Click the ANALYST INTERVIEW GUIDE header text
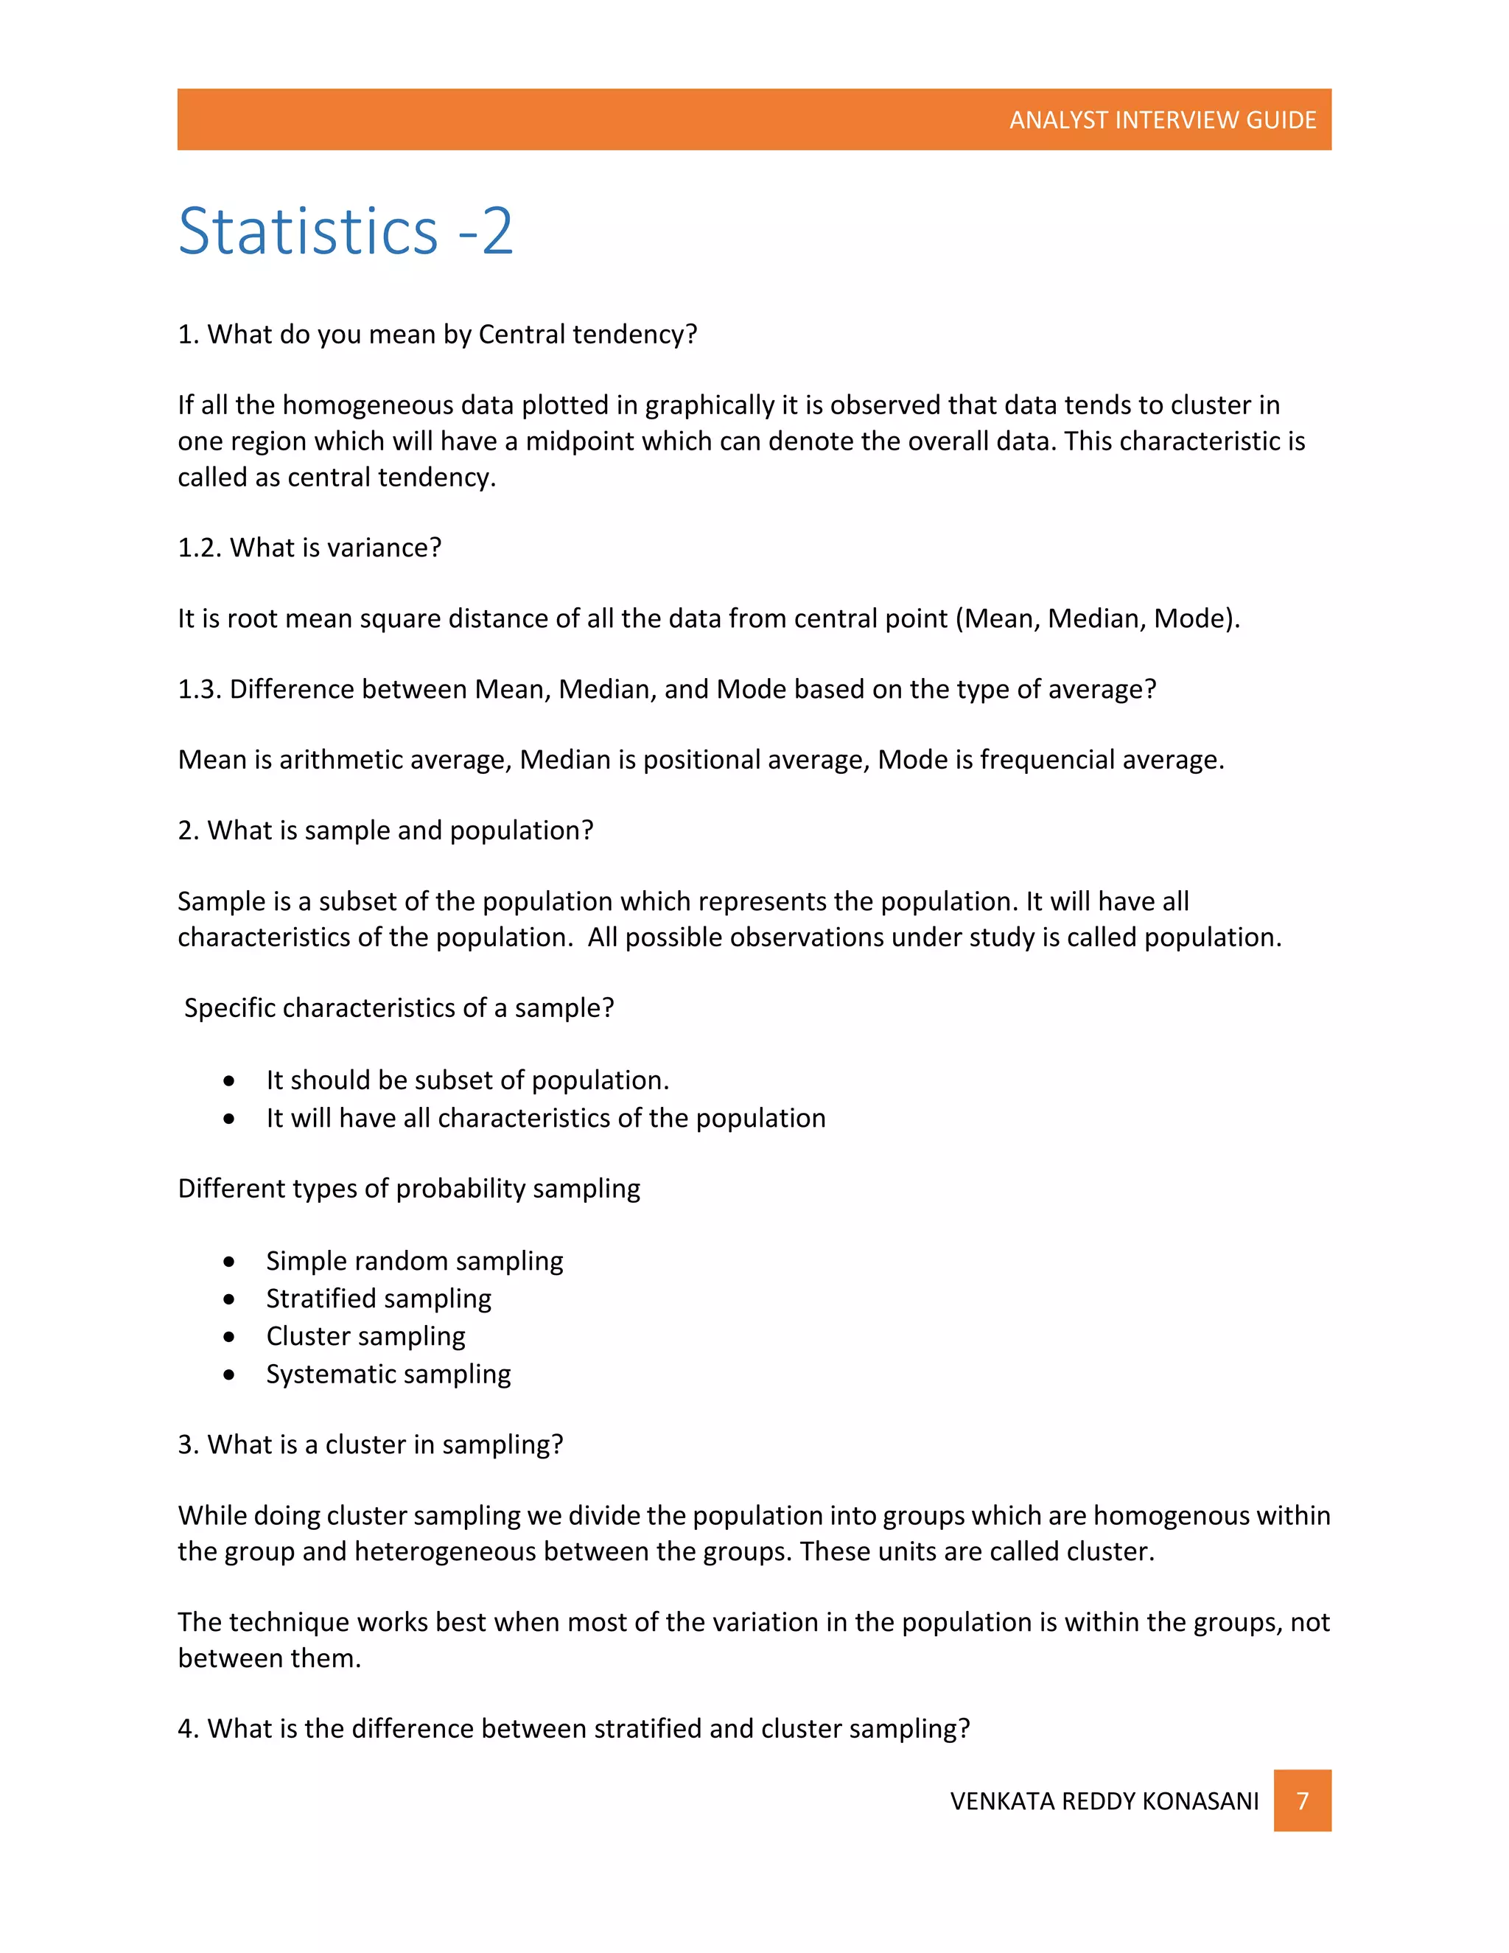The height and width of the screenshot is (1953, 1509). pyautogui.click(x=1162, y=120)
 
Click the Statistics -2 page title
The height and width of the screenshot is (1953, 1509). pyautogui.click(x=346, y=231)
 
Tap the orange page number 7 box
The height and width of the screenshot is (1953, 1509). pyautogui.click(x=1302, y=1800)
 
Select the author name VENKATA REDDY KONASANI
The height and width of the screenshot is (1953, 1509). pyautogui.click(x=1104, y=1801)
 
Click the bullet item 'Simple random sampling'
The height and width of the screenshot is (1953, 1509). pyautogui.click(x=414, y=1261)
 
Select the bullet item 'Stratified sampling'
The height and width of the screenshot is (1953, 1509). pyautogui.click(x=378, y=1299)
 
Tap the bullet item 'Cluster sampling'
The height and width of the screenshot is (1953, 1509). pyautogui.click(x=365, y=1336)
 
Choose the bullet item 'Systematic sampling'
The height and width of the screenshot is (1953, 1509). pyautogui.click(x=388, y=1374)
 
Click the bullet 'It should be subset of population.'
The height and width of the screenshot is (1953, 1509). pyautogui.click(x=466, y=1080)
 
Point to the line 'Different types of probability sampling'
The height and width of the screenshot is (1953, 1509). pyautogui.click(x=408, y=1189)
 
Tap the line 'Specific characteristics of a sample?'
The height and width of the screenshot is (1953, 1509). pyautogui.click(x=399, y=1007)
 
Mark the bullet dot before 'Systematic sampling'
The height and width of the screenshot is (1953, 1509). pyautogui.click(x=230, y=1374)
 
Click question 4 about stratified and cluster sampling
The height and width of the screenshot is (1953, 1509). pyautogui.click(x=573, y=1728)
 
